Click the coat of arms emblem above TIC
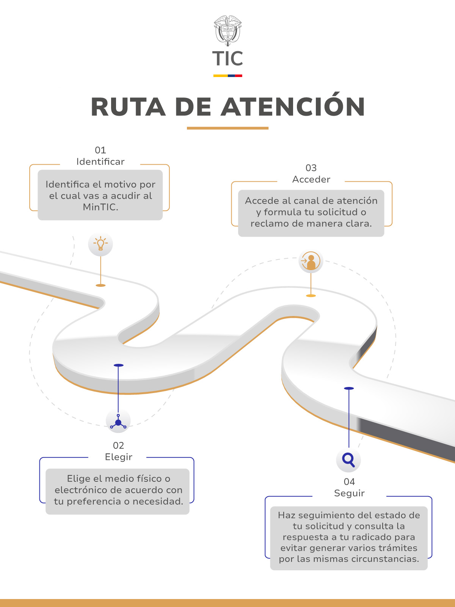227,30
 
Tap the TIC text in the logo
227,59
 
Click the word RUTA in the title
128,107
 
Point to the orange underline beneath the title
227,128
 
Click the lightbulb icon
100,244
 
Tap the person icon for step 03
311,261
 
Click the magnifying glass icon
348,459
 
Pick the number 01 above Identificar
100,150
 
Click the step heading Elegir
119,457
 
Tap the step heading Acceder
311,179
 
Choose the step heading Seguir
349,493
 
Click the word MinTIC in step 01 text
100,207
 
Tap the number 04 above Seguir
349,482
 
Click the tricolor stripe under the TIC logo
227,76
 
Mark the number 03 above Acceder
311,168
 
